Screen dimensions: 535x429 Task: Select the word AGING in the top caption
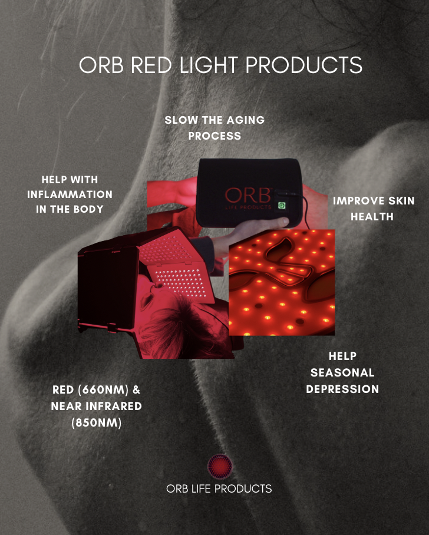tap(246, 120)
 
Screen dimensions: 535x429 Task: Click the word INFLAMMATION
tap(70, 194)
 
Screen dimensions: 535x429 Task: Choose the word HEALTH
tap(372, 216)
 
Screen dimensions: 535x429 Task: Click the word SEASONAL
tap(342, 372)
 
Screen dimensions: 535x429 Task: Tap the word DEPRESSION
tap(342, 389)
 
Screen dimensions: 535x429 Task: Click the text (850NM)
tap(97, 422)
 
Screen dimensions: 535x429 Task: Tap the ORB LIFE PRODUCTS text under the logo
tap(219, 488)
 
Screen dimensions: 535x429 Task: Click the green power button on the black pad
tap(282, 206)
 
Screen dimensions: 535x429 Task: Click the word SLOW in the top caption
tap(179, 120)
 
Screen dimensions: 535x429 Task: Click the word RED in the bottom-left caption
tap(64, 390)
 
